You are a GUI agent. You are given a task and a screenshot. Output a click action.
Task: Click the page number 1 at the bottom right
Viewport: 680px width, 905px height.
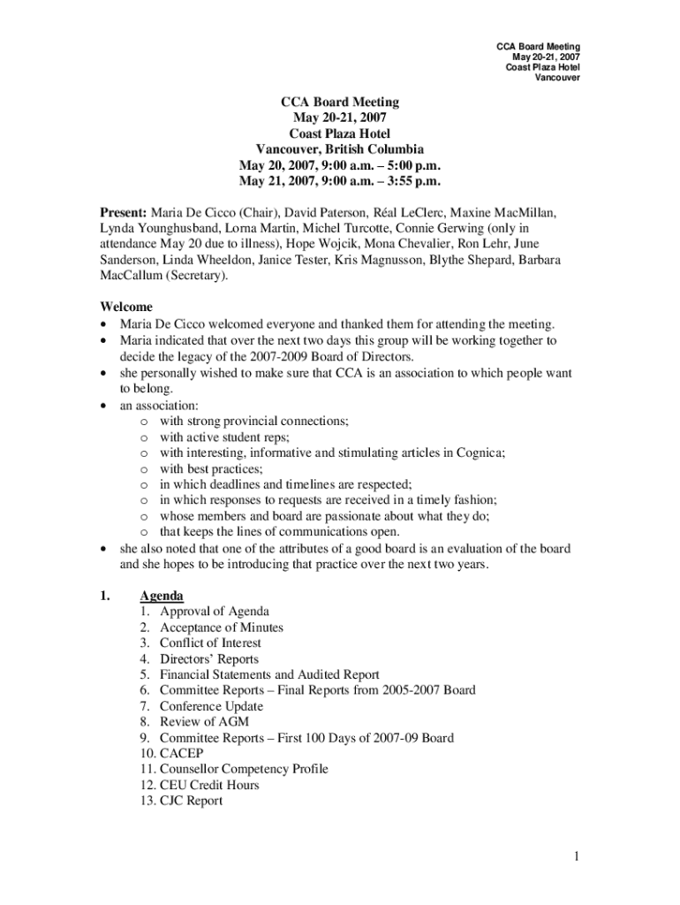(x=575, y=856)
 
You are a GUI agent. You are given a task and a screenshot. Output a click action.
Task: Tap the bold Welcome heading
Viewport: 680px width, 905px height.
(x=125, y=307)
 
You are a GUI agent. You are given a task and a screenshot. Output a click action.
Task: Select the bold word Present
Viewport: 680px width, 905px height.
(x=123, y=213)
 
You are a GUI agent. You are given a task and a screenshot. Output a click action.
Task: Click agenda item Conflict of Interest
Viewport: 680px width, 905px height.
(x=210, y=643)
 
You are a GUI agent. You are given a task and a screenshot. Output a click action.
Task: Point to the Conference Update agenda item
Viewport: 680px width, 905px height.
(x=211, y=706)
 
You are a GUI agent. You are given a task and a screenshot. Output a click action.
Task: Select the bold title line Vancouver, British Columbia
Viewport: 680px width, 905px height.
(x=340, y=149)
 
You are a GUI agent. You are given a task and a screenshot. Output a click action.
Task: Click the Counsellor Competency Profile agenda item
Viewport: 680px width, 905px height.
(x=244, y=769)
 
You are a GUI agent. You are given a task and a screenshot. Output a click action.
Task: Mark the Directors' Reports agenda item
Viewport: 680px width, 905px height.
(x=209, y=659)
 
